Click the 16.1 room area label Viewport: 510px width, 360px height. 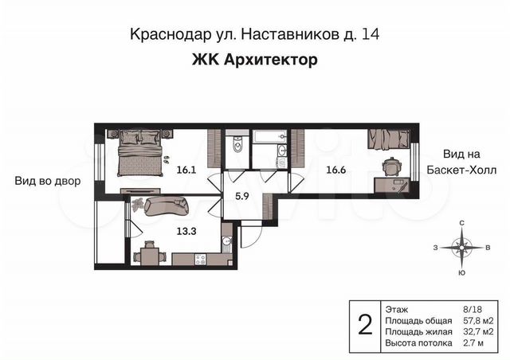(186, 170)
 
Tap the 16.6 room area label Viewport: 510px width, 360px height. (336, 170)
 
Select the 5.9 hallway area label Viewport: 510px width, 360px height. (242, 197)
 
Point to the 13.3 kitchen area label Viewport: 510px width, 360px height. (186, 231)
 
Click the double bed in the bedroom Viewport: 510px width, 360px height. (140, 153)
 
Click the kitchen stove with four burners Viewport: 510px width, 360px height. (200, 260)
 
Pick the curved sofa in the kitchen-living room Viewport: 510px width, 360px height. (167, 205)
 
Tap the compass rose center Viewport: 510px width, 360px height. (461, 248)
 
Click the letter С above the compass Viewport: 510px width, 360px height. (461, 223)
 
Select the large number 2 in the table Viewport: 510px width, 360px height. (365, 325)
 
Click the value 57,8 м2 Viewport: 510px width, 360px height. (478, 321)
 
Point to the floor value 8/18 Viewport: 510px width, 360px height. (473, 310)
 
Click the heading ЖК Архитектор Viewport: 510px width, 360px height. (255, 60)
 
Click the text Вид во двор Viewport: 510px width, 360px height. (48, 181)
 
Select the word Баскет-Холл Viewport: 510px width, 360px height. (461, 170)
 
